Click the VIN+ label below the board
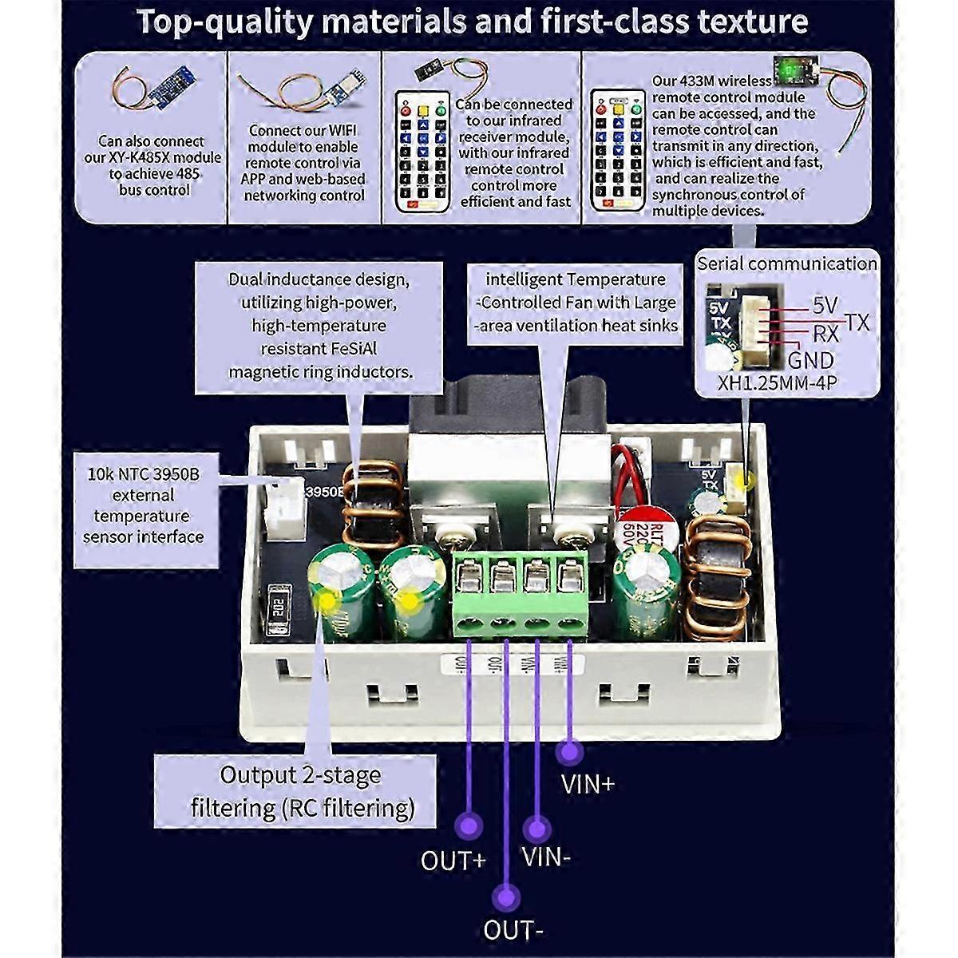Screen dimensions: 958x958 (588, 784)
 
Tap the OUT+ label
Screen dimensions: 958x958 (453, 861)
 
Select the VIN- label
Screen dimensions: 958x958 (546, 857)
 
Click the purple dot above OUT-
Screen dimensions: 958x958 (505, 897)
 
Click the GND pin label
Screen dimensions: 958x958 (810, 360)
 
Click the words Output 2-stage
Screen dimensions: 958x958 (300, 774)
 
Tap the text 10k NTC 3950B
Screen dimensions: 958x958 (143, 474)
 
